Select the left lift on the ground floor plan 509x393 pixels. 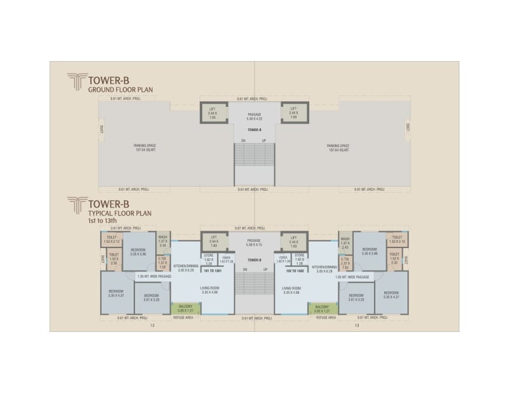(214, 113)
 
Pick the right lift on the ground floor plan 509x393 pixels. (294, 113)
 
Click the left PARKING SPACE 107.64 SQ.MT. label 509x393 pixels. (145, 148)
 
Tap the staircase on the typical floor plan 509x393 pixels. (254, 283)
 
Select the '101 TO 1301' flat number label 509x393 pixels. (212, 270)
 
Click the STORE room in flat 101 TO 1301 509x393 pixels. (209, 260)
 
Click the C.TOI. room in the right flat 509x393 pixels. (345, 263)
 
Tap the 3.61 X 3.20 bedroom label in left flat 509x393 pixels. (151, 298)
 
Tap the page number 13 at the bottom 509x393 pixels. (357, 326)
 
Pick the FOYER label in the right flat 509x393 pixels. (283, 260)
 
